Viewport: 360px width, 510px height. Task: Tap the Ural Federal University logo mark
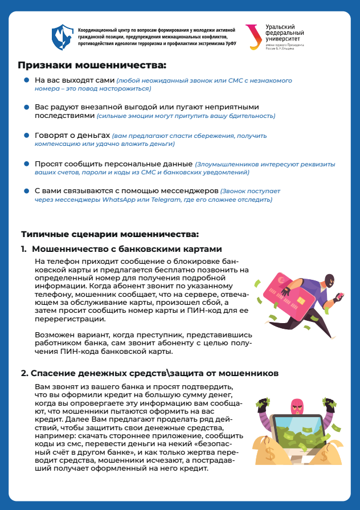[252, 36]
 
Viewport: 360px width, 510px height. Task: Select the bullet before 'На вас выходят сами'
[26, 81]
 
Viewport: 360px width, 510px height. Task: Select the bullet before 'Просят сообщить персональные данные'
[26, 163]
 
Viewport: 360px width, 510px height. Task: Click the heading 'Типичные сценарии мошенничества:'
[110, 234]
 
